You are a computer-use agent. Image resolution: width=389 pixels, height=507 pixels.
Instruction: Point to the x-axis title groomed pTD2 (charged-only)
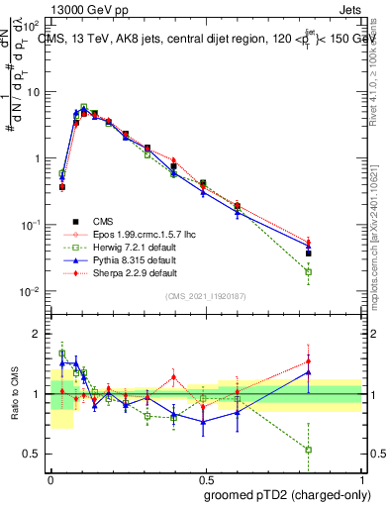(287, 494)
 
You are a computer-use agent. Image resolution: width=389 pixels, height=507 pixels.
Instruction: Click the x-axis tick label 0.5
(206, 477)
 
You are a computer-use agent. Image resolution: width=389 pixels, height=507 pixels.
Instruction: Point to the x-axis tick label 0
(50, 477)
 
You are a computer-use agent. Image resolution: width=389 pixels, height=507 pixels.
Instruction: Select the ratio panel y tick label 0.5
(33, 454)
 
